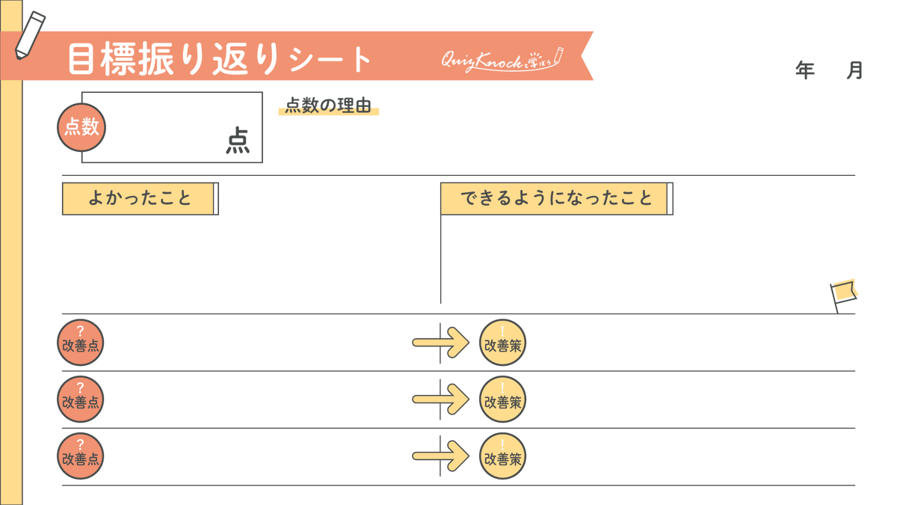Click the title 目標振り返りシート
[219, 58]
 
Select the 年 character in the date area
[805, 70]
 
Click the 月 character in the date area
[854, 70]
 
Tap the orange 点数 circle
[81, 127]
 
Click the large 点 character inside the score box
[238, 141]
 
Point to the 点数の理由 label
[328, 106]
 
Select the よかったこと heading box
[140, 198]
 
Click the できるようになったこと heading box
[556, 198]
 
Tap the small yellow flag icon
[843, 295]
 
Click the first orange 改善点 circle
[80, 343]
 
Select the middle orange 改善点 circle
[80, 400]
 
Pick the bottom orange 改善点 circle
[80, 456]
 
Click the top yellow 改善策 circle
[502, 343]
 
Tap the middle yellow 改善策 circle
[502, 400]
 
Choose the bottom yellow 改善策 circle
[502, 456]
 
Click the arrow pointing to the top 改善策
[441, 343]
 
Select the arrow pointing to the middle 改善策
[441, 400]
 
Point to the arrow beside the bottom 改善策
[441, 456]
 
